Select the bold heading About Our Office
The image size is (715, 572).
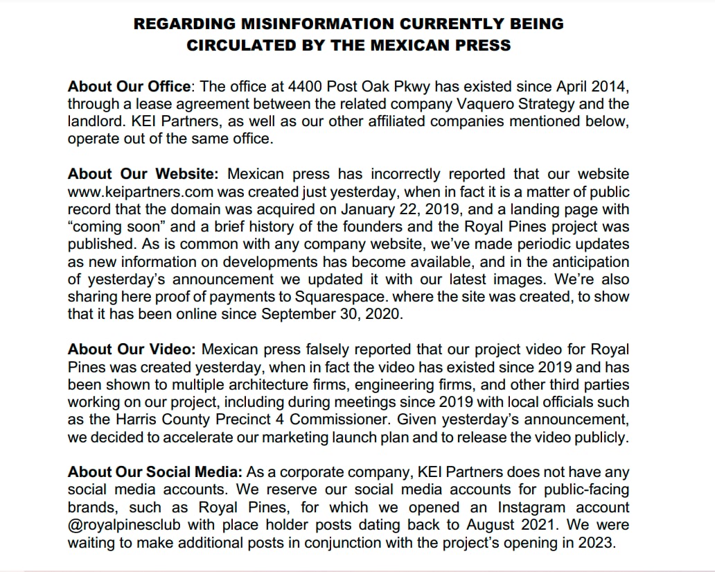pos(129,87)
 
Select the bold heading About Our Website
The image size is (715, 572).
pos(143,173)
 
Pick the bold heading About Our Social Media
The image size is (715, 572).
pos(155,472)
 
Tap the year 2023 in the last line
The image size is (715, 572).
pos(597,542)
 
